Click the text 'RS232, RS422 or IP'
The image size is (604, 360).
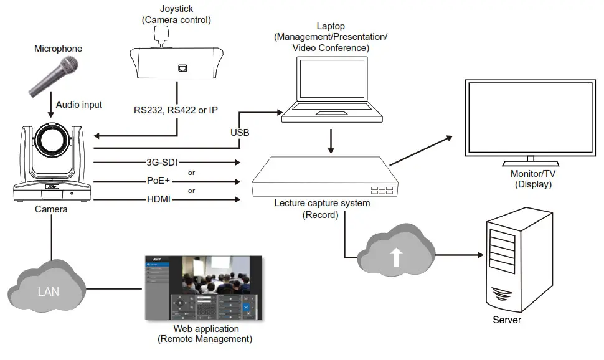pyautogui.click(x=176, y=110)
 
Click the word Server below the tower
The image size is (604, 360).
pyautogui.click(x=506, y=320)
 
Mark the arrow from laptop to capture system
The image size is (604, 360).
pyautogui.click(x=331, y=143)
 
